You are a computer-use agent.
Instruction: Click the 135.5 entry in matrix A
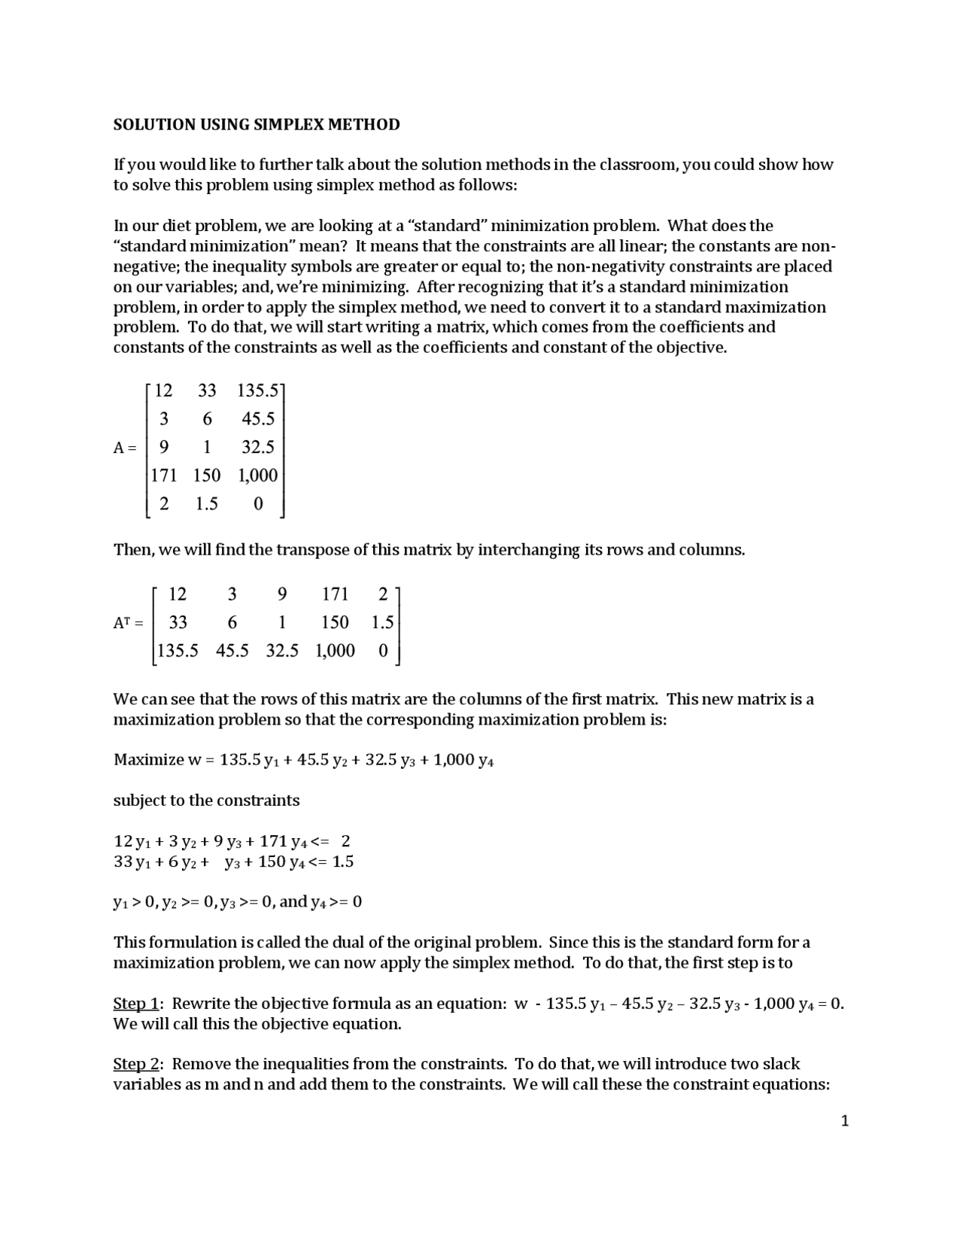257,391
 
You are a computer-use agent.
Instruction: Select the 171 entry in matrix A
163,476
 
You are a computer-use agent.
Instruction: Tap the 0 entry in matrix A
258,504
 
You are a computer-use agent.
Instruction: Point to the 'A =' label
125,448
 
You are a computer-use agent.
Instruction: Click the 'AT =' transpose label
127,623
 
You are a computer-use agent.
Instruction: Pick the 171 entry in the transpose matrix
335,595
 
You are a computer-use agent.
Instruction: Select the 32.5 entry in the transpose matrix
281,651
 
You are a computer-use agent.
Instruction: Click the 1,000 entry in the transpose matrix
335,651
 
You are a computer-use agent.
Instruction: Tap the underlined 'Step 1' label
136,1004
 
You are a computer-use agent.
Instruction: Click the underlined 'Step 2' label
136,1065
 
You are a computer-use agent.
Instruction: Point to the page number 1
844,1122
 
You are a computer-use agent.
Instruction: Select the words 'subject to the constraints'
206,801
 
